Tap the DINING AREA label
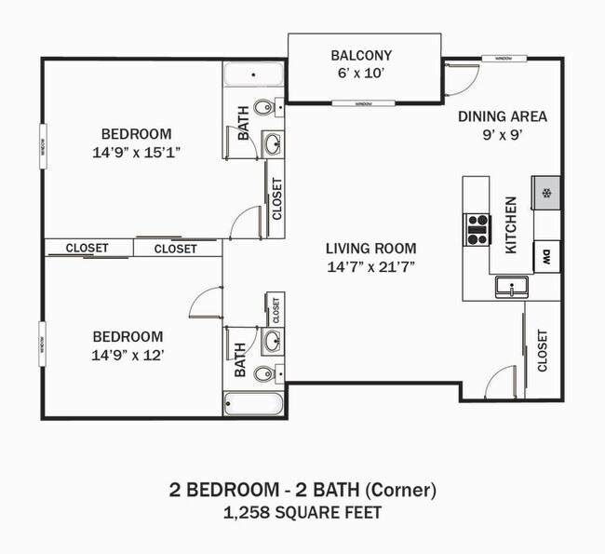(x=502, y=117)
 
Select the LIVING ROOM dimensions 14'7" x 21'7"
(x=370, y=266)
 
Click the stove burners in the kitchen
(x=477, y=229)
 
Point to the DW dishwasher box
(x=546, y=256)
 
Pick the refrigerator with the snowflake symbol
(x=546, y=194)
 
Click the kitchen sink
(x=511, y=286)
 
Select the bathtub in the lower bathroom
(x=253, y=404)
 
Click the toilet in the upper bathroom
(x=264, y=107)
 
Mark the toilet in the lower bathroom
(x=264, y=373)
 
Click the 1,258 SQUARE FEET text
(x=302, y=512)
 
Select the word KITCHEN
(x=511, y=224)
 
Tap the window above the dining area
(x=504, y=59)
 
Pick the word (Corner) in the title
(x=399, y=490)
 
